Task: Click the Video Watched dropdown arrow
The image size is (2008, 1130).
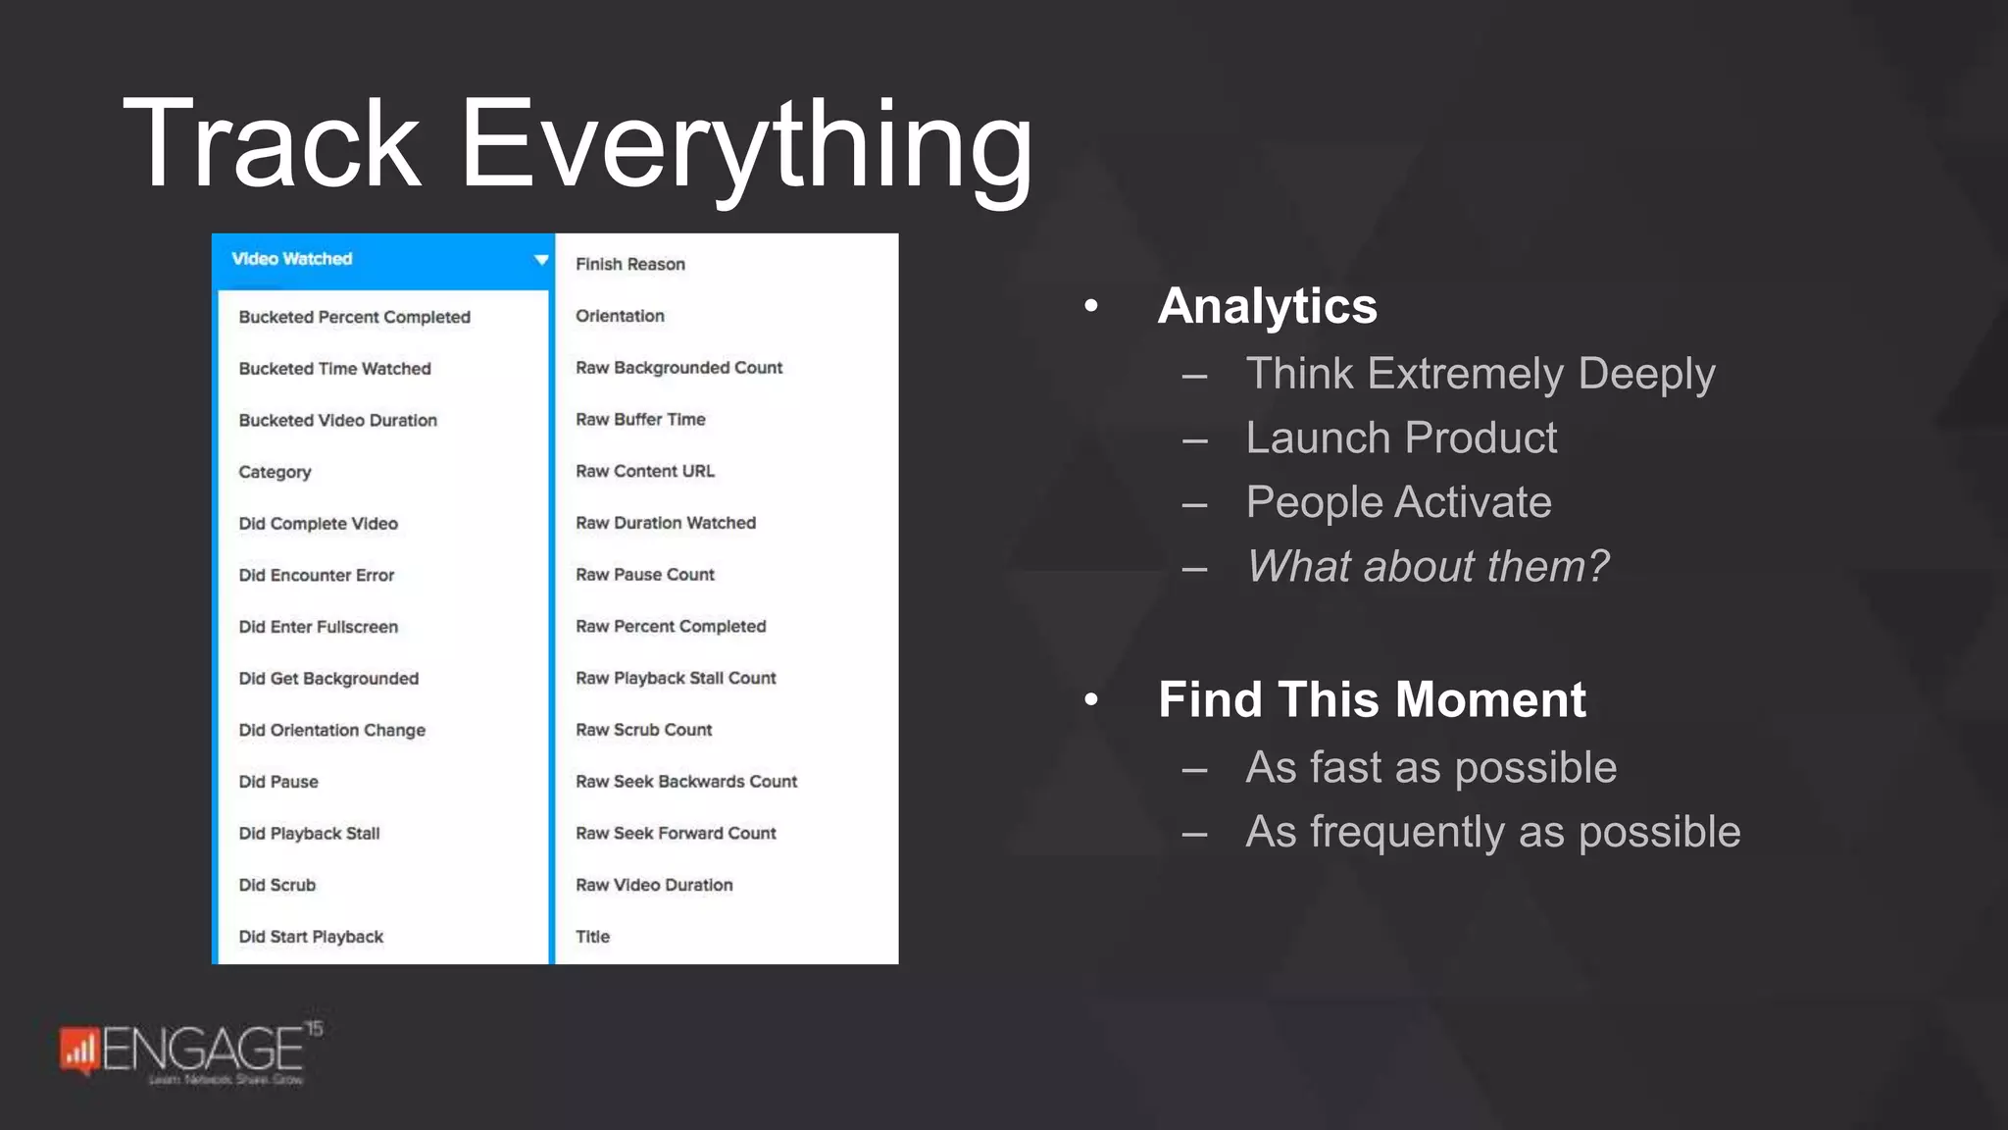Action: pos(540,260)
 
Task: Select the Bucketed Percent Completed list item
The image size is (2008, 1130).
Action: pos(354,317)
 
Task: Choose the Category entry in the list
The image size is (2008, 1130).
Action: pos(275,472)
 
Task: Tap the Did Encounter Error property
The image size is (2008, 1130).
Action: pos(316,575)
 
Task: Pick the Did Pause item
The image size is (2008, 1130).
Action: pos(278,782)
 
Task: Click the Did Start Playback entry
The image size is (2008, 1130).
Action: pos(311,937)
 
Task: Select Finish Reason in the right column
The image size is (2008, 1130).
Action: pos(629,264)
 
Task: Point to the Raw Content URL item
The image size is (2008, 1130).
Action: pos(644,471)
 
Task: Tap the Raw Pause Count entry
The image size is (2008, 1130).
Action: pos(644,575)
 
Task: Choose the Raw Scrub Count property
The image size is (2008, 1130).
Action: pos(643,730)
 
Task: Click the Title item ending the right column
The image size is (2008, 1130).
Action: pos(592,937)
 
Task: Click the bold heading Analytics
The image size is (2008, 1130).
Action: pos(1267,306)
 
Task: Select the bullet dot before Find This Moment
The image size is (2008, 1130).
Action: pos(1091,699)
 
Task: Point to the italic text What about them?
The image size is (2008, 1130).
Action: pos(1427,566)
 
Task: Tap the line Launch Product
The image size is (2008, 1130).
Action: pos(1400,437)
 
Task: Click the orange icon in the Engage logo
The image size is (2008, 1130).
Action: pos(78,1050)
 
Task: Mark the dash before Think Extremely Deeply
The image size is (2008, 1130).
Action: pos(1194,376)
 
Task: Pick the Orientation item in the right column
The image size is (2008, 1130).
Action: pos(620,316)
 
